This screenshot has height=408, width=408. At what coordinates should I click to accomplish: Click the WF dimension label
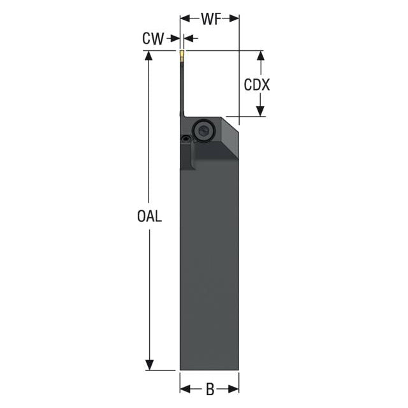pyautogui.click(x=211, y=18)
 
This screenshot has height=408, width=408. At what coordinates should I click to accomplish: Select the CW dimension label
pyautogui.click(x=153, y=38)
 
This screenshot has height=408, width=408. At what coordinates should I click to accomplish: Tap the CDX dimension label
pyautogui.click(x=256, y=85)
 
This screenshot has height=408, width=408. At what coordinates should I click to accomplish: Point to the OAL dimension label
pyautogui.click(x=149, y=216)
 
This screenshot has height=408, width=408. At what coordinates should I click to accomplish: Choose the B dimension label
pyautogui.click(x=210, y=390)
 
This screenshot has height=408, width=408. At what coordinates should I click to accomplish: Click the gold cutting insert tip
pyautogui.click(x=182, y=55)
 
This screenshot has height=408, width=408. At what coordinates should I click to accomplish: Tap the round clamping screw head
pyautogui.click(x=203, y=131)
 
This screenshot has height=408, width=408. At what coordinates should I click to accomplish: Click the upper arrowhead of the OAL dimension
pyautogui.click(x=149, y=55)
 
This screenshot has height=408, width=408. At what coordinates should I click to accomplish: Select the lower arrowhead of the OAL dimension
pyautogui.click(x=149, y=365)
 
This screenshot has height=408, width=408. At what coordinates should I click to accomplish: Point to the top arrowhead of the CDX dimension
pyautogui.click(x=261, y=55)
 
